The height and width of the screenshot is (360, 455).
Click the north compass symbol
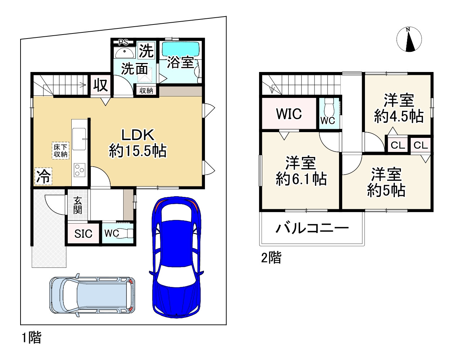click(x=409, y=40)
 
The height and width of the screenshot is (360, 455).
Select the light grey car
click(x=92, y=295)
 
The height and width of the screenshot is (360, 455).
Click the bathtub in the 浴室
click(x=180, y=49)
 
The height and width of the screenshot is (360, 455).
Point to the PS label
click(x=123, y=42)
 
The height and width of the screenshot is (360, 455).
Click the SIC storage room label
click(x=83, y=233)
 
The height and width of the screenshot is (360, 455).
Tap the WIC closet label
click(x=289, y=114)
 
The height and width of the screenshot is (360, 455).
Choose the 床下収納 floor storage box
click(x=61, y=150)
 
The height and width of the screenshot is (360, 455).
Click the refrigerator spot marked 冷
click(x=43, y=176)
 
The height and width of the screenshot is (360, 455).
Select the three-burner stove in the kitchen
click(x=80, y=170)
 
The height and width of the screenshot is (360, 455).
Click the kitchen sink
click(x=79, y=139)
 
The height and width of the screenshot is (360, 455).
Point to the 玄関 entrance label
click(x=77, y=205)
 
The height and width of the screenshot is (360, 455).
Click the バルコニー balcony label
click(x=312, y=228)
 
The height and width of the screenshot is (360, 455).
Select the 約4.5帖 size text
click(x=399, y=116)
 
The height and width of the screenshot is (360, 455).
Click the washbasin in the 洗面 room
click(x=125, y=53)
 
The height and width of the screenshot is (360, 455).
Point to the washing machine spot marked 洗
click(x=146, y=50)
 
